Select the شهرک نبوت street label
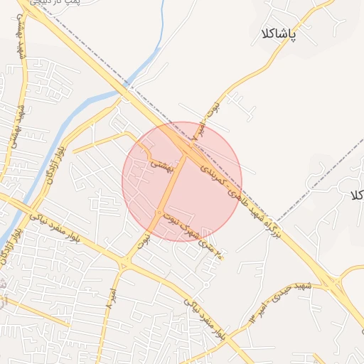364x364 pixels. [183, 220]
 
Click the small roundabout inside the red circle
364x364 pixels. [158, 213]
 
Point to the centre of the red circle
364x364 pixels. [182, 181]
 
